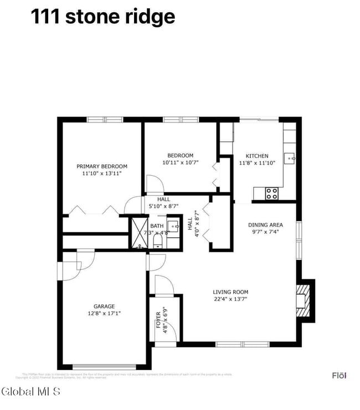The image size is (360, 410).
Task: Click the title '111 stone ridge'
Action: tap(102, 17)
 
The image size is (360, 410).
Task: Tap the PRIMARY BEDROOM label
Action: tap(102, 166)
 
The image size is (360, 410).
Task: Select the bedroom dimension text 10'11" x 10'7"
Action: tap(181, 163)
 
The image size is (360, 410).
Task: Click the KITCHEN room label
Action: tap(257, 156)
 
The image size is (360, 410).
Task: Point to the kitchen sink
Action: tap(290, 158)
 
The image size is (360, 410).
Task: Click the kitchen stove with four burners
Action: tap(271, 193)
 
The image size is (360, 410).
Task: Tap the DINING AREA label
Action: tap(265, 225)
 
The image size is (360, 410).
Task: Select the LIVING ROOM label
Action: tap(230, 292)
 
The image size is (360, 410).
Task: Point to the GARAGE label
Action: tap(104, 306)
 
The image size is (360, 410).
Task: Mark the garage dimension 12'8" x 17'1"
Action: tap(104, 313)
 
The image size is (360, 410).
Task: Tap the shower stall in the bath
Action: tap(137, 233)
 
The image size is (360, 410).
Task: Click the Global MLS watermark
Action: tap(32, 392)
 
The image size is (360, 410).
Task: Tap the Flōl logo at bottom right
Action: tap(339, 376)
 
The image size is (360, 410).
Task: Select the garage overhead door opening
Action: tap(104, 366)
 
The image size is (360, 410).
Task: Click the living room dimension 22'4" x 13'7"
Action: tap(230, 299)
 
